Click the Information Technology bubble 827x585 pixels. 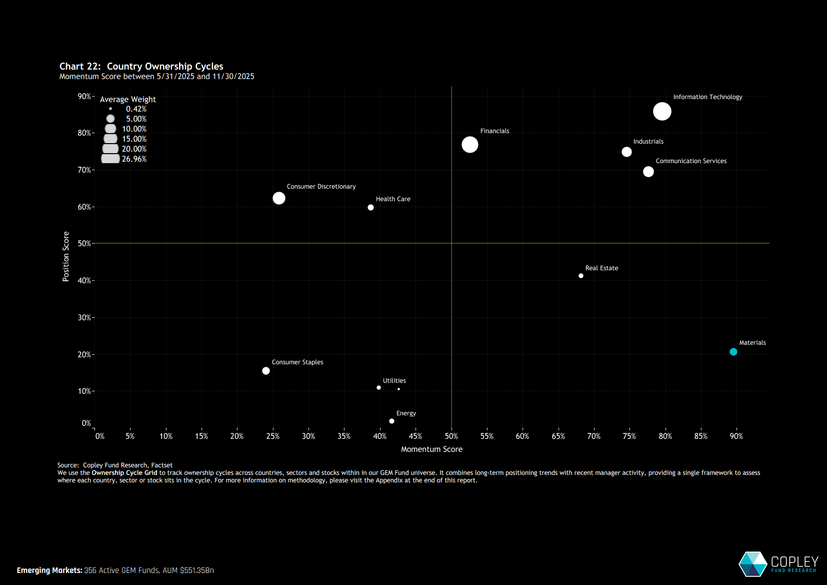[662, 111]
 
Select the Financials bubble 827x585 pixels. [469, 145]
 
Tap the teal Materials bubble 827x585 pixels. [733, 352]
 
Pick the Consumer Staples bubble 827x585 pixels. [266, 371]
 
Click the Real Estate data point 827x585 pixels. [580, 276]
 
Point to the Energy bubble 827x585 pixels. [391, 421]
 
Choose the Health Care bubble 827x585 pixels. [370, 208]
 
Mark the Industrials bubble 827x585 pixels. [626, 152]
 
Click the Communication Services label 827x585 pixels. [691, 161]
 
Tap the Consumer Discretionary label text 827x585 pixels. [321, 187]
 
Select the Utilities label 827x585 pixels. [394, 381]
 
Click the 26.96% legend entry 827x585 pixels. [134, 159]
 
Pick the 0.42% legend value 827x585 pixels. [136, 109]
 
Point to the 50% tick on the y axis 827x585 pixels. [84, 244]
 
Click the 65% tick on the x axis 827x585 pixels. [558, 436]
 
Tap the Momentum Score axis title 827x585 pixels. [431, 449]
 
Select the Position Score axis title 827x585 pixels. [66, 256]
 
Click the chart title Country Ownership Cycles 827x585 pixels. [165, 67]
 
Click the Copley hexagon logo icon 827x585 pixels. [752, 564]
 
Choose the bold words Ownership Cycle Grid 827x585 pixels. [124, 473]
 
